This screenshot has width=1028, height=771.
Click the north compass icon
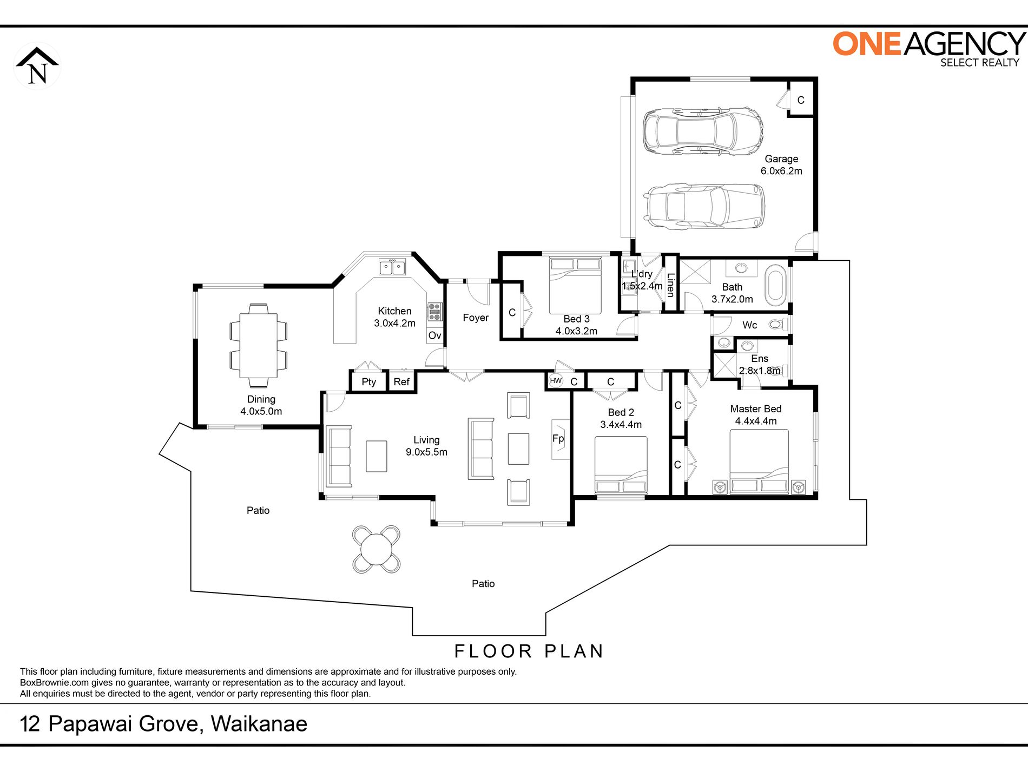click(37, 66)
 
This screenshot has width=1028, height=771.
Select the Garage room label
click(781, 159)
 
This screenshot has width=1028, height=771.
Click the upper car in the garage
click(703, 131)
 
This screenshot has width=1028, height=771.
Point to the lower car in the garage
click(704, 206)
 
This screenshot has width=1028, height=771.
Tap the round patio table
click(376, 549)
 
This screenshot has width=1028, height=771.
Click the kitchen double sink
click(392, 267)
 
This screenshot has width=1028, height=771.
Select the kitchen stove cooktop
click(434, 312)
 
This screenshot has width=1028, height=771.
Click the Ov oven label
click(434, 335)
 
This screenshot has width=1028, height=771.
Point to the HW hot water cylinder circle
click(556, 380)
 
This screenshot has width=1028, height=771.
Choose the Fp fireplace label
click(558, 438)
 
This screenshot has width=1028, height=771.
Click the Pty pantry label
click(368, 382)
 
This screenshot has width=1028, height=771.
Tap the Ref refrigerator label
click(401, 381)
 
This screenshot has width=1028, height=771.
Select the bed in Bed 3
click(575, 285)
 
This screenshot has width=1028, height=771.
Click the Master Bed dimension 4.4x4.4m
click(756, 421)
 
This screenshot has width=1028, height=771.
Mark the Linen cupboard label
click(671, 285)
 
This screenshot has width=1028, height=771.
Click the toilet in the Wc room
click(776, 325)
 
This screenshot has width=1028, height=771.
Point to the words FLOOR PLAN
click(529, 651)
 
